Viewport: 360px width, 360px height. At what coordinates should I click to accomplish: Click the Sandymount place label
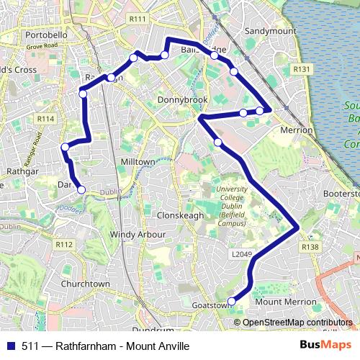[270, 32]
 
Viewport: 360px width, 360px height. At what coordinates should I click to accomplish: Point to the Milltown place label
[138, 162]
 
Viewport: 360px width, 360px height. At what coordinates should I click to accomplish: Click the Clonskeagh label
[177, 215]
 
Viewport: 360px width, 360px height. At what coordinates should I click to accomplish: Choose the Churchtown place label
[86, 284]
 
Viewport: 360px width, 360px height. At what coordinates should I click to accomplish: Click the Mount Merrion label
[286, 302]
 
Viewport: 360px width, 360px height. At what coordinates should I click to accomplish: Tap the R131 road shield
[302, 69]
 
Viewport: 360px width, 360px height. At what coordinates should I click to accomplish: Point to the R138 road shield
[310, 247]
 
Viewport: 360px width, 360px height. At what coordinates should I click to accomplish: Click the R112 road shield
[64, 245]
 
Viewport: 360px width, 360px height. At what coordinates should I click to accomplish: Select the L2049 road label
[241, 254]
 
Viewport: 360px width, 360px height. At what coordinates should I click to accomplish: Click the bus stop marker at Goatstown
[232, 302]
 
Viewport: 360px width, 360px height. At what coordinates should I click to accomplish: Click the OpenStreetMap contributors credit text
[297, 323]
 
